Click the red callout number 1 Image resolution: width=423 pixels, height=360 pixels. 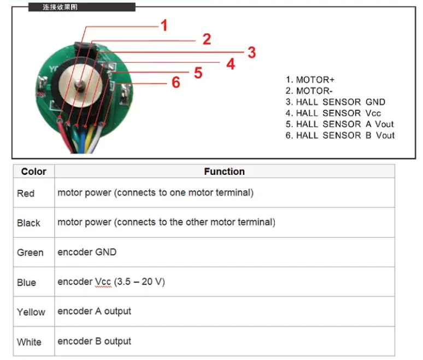[x=164, y=25]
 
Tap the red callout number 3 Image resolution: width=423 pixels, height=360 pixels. [x=251, y=52]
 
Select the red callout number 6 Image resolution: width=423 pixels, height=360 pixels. [x=175, y=82]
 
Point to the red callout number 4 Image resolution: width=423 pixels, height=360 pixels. [x=231, y=64]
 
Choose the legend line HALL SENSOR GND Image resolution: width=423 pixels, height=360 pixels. [x=335, y=102]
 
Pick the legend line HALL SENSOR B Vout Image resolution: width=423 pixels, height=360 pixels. [x=339, y=135]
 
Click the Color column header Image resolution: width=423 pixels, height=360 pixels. [x=33, y=172]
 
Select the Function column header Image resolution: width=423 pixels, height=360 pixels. [x=224, y=172]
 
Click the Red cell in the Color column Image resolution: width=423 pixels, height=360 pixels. [x=26, y=193]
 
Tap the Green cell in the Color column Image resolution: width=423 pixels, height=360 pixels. [x=30, y=253]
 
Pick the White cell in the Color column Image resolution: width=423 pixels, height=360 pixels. [x=29, y=342]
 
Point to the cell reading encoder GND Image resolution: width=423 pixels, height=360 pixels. [x=87, y=252]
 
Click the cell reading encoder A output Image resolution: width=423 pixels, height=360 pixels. [x=94, y=311]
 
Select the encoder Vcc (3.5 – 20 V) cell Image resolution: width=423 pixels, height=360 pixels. [x=111, y=282]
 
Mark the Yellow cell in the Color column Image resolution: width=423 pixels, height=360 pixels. [x=31, y=312]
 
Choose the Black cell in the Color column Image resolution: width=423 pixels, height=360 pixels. [x=28, y=223]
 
